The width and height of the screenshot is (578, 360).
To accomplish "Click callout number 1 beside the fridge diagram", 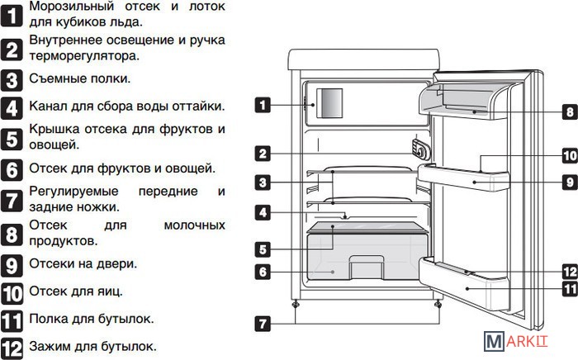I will click(x=262, y=105).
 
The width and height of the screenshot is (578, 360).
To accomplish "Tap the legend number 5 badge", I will click(x=12, y=137).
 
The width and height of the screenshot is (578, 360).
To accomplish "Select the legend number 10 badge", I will click(x=12, y=292).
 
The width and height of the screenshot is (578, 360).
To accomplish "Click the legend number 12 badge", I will click(x=12, y=347).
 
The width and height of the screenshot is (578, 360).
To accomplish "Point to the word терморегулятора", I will click(x=83, y=56).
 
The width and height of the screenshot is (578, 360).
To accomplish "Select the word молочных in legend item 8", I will click(x=194, y=225).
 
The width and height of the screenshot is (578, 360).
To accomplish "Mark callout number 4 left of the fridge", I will click(x=262, y=212).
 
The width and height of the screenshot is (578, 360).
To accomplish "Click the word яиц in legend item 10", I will click(x=111, y=291).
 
